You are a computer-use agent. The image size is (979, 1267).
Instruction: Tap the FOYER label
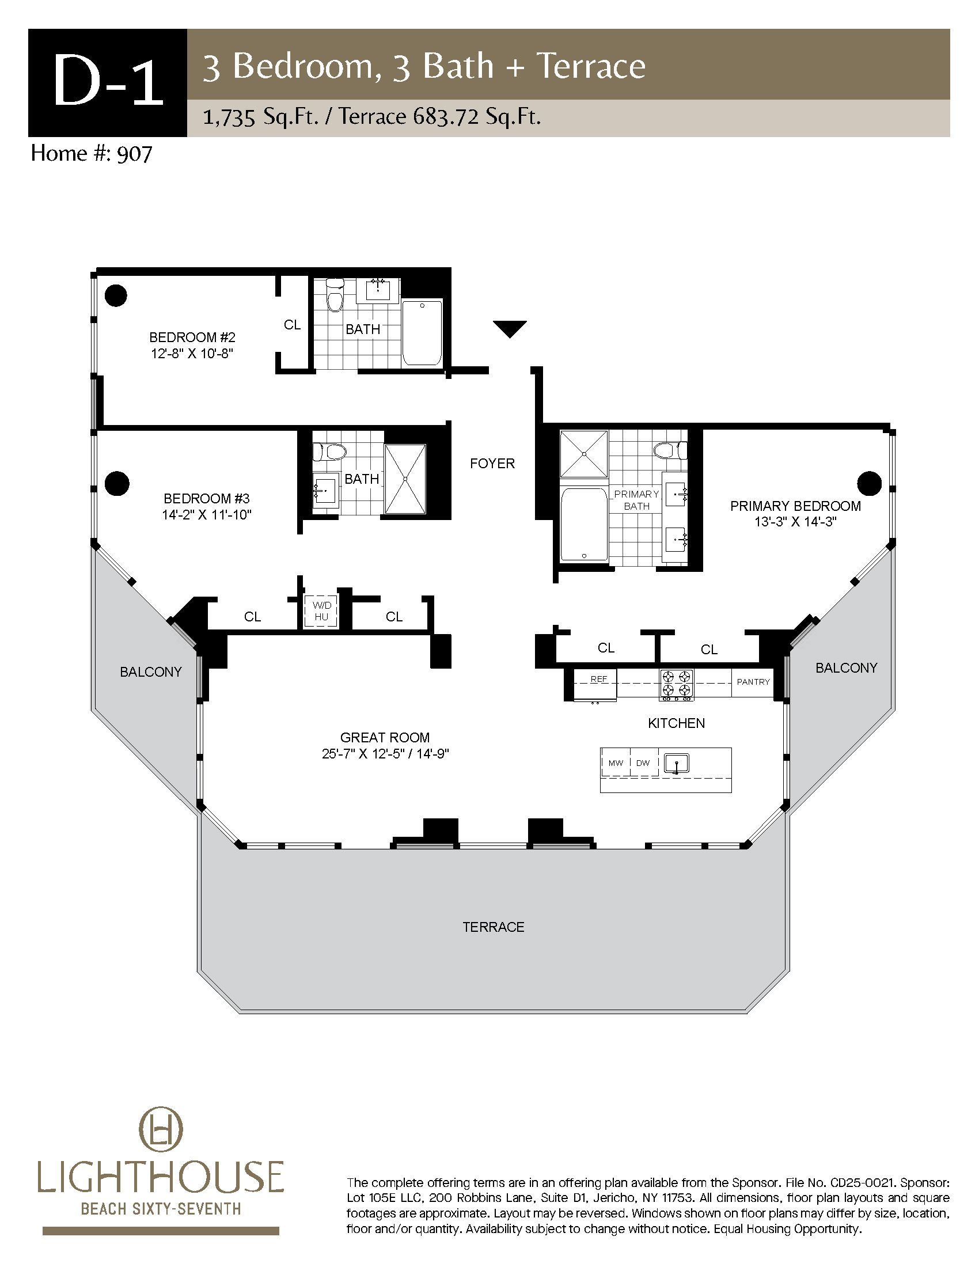click(x=492, y=464)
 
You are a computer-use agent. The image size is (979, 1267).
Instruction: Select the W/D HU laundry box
click(x=321, y=611)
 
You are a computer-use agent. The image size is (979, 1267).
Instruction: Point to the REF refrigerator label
click(x=598, y=679)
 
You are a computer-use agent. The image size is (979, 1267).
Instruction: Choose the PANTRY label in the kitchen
click(x=753, y=682)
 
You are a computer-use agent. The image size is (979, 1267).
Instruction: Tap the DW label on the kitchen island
click(x=643, y=763)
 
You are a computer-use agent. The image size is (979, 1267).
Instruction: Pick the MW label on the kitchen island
click(x=616, y=763)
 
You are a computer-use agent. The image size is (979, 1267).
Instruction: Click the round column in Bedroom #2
click(x=116, y=295)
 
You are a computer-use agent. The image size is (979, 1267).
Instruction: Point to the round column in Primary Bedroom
click(x=869, y=483)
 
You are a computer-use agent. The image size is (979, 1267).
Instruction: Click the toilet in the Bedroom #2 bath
click(x=335, y=295)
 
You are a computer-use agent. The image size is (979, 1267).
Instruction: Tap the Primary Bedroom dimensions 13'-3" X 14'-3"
click(x=795, y=522)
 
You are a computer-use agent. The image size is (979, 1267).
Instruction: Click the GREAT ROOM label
click(x=385, y=737)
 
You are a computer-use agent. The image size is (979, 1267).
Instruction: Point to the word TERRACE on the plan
click(x=494, y=927)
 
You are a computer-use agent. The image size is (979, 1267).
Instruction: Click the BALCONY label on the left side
click(x=151, y=672)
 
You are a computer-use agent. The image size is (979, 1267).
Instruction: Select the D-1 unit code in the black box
click(x=108, y=82)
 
